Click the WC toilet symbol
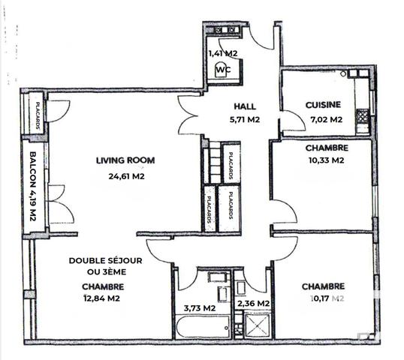click(x=222, y=70)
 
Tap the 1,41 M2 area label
click(x=222, y=53)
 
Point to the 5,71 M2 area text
click(x=245, y=119)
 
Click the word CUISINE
click(x=324, y=106)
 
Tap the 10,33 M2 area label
click(x=325, y=160)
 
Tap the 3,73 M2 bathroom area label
click(x=200, y=307)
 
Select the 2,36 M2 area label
click(x=252, y=304)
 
